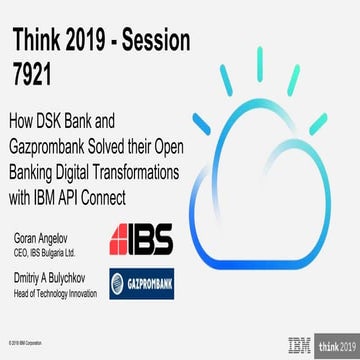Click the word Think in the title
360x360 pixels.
pyautogui.click(x=42, y=39)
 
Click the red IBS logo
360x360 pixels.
pyautogui.click(x=141, y=237)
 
